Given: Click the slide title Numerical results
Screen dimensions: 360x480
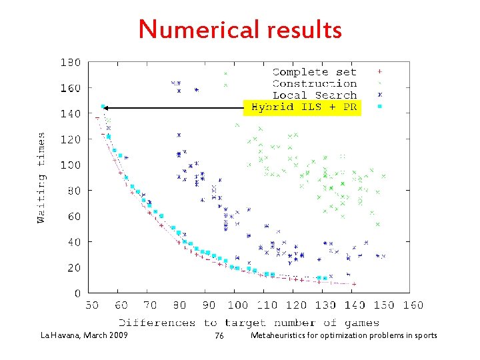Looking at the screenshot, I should tap(240, 29).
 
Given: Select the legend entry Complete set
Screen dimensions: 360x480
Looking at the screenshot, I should tap(314, 72).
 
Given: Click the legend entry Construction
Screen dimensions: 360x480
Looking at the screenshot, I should tap(314, 83).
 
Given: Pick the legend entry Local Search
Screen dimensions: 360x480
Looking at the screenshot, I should tap(314, 95).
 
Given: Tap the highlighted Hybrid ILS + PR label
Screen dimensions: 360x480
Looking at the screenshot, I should tap(303, 107).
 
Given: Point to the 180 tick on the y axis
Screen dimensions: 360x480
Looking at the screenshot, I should tap(71, 63).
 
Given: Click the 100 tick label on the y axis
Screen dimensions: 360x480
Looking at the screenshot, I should tap(71, 165).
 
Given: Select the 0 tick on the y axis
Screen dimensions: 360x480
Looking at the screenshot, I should tap(77, 293).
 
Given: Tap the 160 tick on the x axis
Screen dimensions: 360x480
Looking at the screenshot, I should tap(413, 305).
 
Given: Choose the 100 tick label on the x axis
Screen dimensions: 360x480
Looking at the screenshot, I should tap(237, 305).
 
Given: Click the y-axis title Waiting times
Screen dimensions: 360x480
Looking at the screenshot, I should tap(41, 178).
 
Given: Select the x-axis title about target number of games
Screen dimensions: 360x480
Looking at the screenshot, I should tap(251, 323).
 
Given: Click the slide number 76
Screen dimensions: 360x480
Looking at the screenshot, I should tap(219, 336).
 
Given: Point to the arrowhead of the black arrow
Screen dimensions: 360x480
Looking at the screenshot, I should tap(105, 107).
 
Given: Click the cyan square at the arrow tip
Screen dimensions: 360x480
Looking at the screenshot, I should tap(103, 107).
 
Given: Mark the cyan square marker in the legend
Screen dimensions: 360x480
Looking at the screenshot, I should tap(379, 107).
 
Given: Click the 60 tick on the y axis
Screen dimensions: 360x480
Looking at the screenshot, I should tap(74, 216).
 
